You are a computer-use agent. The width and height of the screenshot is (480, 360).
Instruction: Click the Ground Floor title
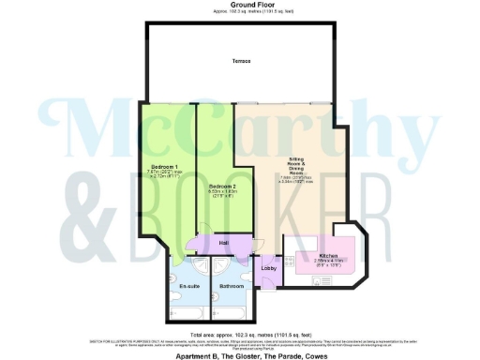tap(239, 5)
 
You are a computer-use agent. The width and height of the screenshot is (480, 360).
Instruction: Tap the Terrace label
tap(242, 62)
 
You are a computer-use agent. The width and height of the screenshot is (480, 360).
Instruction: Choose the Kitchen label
tap(327, 254)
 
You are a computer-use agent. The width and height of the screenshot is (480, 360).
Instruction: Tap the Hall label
tap(224, 243)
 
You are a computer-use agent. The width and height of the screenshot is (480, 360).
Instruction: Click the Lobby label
tap(266, 269)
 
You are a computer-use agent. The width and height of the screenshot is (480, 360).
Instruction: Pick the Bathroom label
tap(231, 286)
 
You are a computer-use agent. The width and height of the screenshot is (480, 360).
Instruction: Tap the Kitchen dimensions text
tap(327, 262)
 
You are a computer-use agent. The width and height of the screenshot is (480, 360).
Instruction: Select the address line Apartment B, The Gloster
tap(240, 352)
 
